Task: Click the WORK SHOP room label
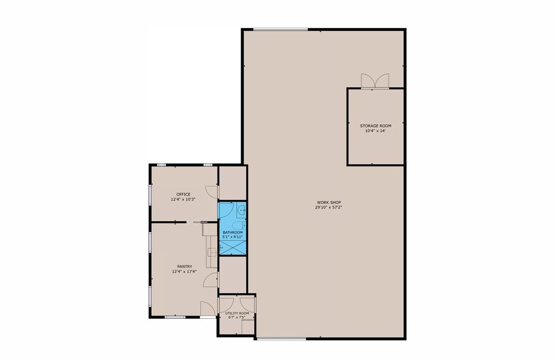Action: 329,202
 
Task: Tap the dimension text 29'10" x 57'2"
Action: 329,208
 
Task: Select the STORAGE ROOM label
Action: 376,126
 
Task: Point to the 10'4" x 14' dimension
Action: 376,131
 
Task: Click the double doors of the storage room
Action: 375,81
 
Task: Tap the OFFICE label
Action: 183,194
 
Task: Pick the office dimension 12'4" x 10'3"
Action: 183,200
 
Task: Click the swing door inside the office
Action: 212,191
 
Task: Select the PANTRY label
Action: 184,267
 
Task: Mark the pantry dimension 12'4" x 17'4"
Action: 184,272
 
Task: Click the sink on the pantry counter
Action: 212,252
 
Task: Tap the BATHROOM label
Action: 233,232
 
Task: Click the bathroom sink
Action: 241,211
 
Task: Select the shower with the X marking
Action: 233,247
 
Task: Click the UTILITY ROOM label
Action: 237,313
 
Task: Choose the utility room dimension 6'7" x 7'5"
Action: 237,318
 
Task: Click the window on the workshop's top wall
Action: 280,29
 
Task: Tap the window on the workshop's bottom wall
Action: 281,339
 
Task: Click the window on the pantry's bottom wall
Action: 175,317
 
